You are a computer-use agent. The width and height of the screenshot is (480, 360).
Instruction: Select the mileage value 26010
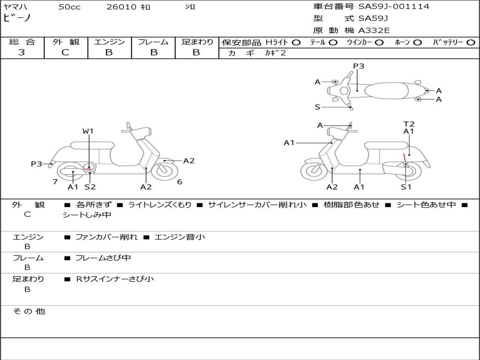(x=121, y=7)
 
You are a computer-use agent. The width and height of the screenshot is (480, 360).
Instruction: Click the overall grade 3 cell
(x=22, y=52)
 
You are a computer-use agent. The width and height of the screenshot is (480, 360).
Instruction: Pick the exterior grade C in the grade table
(x=65, y=52)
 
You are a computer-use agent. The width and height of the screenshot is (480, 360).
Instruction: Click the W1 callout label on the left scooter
(x=88, y=131)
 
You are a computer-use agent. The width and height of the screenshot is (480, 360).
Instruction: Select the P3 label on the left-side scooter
(x=37, y=164)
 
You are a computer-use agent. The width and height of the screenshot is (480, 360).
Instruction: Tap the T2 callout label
(x=409, y=124)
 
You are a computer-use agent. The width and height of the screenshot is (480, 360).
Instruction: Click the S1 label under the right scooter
(x=406, y=187)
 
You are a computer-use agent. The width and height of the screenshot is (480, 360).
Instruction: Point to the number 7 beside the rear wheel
(x=55, y=181)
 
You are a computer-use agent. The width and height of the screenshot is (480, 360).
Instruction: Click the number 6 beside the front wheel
(x=180, y=181)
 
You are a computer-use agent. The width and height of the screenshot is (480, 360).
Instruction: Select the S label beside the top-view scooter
(x=317, y=107)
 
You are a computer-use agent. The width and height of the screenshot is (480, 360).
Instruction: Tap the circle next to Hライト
(x=296, y=42)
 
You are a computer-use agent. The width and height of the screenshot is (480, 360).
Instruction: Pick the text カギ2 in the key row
(x=275, y=53)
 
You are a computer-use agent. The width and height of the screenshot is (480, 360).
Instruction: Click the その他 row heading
(x=29, y=311)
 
